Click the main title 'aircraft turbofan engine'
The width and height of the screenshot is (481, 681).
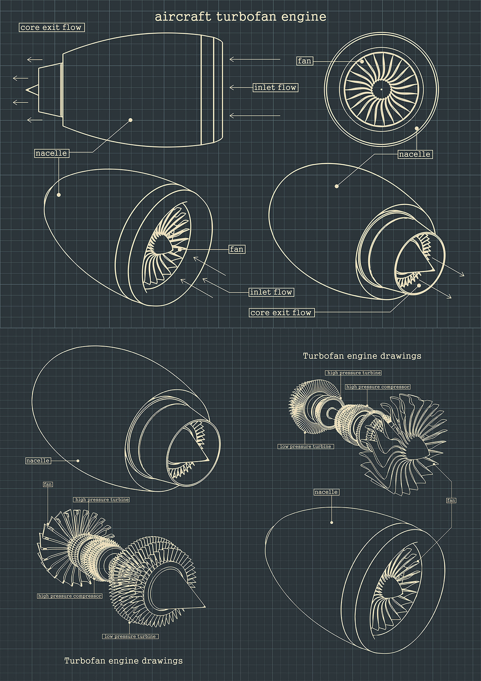pyautogui.click(x=240, y=17)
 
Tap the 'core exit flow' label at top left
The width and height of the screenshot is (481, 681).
pyautogui.click(x=51, y=27)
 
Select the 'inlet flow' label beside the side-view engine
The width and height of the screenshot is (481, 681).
pyautogui.click(x=275, y=87)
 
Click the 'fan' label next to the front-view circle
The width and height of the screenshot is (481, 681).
pyautogui.click(x=305, y=61)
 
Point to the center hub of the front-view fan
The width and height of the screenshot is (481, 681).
pyautogui.click(x=381, y=88)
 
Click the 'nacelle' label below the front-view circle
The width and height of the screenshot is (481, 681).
pyautogui.click(x=415, y=154)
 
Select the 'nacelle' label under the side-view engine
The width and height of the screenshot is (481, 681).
pyautogui.click(x=51, y=153)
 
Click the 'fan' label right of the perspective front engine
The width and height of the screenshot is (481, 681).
pyautogui.click(x=236, y=249)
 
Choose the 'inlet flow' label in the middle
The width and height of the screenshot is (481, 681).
pyautogui.click(x=271, y=292)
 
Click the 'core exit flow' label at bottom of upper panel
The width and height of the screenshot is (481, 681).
pyautogui.click(x=281, y=312)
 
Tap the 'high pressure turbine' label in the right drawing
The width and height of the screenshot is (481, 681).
pyautogui.click(x=354, y=373)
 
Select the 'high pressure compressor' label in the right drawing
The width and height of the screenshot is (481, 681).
pyautogui.click(x=378, y=387)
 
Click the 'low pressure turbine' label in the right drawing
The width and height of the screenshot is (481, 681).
pyautogui.click(x=306, y=446)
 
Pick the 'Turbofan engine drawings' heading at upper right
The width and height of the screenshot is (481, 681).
pyautogui.click(x=362, y=356)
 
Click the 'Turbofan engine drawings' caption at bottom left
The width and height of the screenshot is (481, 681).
pyautogui.click(x=123, y=661)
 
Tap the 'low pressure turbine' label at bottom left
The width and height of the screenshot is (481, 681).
pyautogui.click(x=130, y=636)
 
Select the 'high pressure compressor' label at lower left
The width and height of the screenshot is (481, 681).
pyautogui.click(x=70, y=596)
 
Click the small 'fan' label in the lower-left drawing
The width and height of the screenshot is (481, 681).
pyautogui.click(x=48, y=484)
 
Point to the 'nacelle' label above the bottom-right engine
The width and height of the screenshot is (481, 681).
pyautogui.click(x=326, y=492)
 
